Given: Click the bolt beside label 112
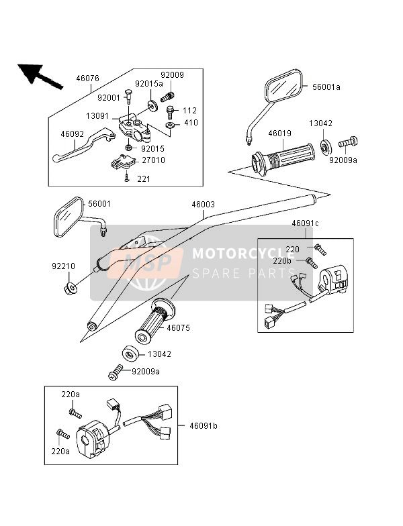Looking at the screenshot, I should [x=170, y=111].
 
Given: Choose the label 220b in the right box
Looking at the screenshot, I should [x=283, y=260].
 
